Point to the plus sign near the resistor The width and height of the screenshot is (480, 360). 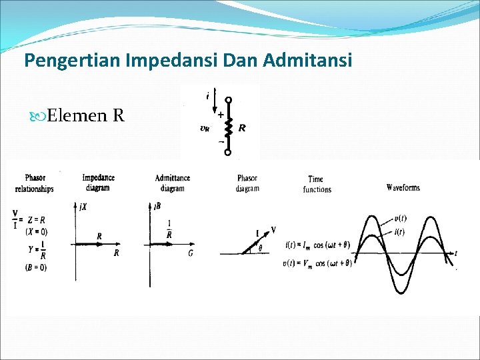click(x=220, y=115)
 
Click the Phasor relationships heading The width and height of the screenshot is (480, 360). click(x=35, y=183)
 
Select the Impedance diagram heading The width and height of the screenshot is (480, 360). click(x=98, y=183)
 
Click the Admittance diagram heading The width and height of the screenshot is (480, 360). click(x=172, y=183)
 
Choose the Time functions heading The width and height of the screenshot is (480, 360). click(x=317, y=184)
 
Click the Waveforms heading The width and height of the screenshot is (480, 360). click(x=403, y=187)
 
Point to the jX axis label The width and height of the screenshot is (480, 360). click(x=83, y=207)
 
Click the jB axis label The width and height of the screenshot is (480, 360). click(x=157, y=207)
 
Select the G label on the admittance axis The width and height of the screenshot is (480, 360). click(x=191, y=253)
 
